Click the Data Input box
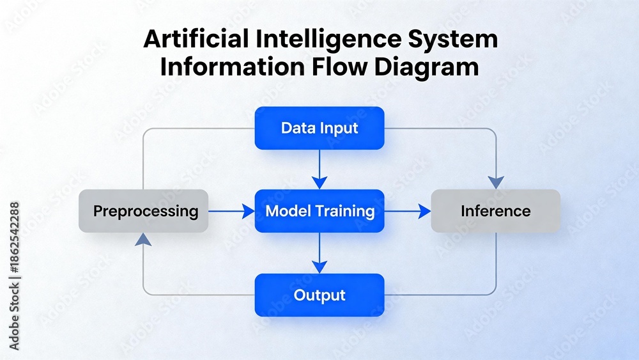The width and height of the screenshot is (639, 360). [x=319, y=128]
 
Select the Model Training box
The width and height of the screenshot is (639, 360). [x=319, y=211]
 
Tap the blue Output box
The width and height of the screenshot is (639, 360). [x=319, y=295]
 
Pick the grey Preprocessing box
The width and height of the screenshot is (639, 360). [x=143, y=211]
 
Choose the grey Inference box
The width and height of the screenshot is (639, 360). [x=496, y=211]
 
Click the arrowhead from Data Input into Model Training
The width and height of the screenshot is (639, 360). [x=319, y=183]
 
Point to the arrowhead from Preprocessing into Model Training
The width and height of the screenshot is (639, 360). [x=248, y=211]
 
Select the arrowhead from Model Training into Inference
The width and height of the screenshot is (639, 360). [x=425, y=211]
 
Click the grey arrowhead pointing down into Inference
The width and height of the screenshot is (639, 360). [x=496, y=183]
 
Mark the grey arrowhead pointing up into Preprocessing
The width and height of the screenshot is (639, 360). [x=143, y=240]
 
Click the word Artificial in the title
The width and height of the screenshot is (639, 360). [x=196, y=39]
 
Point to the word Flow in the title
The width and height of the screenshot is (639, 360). [x=340, y=67]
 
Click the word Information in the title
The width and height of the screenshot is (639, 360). [x=233, y=67]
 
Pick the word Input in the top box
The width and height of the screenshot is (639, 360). [x=339, y=129]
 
